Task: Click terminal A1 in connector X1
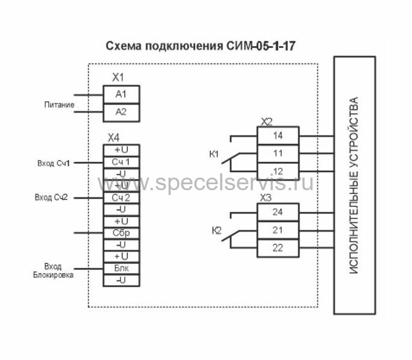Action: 121,94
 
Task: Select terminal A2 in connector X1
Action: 121,112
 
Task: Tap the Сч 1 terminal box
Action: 121,162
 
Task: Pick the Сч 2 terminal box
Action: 121,197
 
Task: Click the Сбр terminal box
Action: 121,233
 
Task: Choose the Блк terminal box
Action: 121,268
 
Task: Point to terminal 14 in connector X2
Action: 277,136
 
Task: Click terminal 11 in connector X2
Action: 277,154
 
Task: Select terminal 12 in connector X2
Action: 277,172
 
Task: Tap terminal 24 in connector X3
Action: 277,212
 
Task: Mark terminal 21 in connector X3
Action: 277,230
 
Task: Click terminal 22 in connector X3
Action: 277,248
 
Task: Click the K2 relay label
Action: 217,230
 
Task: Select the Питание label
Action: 59,105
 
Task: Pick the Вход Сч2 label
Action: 52,197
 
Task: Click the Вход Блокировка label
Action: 53,271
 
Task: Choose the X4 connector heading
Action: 114,137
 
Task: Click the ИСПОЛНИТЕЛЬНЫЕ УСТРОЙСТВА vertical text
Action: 354,185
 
